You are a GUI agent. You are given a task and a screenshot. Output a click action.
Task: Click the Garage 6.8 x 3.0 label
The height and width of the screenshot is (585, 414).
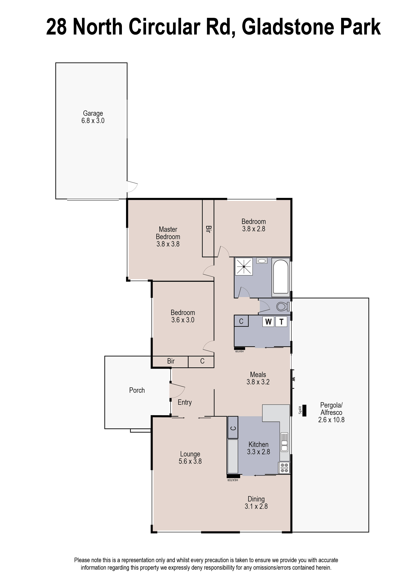93,117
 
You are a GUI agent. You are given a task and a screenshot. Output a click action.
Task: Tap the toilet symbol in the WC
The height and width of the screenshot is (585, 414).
282,306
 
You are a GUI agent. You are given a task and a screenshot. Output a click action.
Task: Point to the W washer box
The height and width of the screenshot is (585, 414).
268,322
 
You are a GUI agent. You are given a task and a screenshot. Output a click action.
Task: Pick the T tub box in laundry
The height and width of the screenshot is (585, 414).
281,322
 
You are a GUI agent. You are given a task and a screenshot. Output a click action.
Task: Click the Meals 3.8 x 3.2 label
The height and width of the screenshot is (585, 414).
258,378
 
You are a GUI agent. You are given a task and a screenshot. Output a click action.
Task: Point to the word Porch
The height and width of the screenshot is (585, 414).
137,390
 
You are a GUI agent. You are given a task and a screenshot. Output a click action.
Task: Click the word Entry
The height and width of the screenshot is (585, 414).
185,402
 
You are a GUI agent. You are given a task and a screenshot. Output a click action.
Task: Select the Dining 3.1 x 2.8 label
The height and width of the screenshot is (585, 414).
256,502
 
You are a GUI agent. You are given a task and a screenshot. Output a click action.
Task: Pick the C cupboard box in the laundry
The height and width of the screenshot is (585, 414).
241,321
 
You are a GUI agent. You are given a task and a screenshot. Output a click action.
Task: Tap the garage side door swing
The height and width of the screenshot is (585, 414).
132,186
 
